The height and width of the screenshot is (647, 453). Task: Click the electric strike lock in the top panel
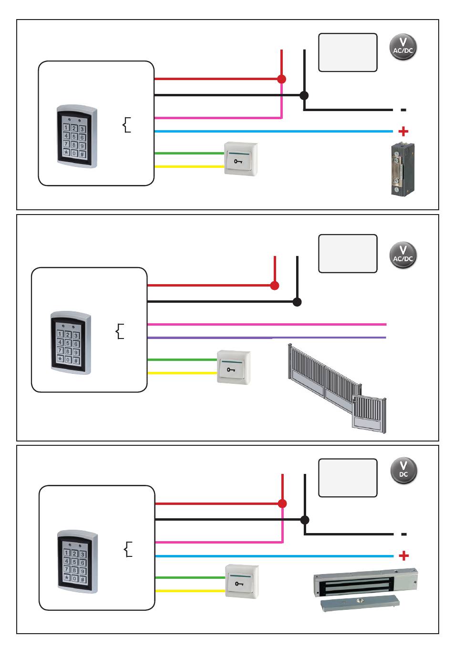pos(402,169)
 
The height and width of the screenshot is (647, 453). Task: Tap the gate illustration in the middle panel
pos(337,389)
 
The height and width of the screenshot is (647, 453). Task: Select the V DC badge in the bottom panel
pos(403,470)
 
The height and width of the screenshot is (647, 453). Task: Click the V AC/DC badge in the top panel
pos(403,47)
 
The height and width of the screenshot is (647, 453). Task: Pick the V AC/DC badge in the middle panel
pos(403,255)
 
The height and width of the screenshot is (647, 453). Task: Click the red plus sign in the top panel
pos(403,132)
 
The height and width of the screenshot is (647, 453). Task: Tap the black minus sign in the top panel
pos(403,110)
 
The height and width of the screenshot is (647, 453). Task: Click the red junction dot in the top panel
pos(281,79)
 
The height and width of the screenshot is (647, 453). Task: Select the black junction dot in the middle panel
pos(297,302)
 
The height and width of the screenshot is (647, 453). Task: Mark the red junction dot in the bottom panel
pos(282,504)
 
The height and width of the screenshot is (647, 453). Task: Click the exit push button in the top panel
pos(241,159)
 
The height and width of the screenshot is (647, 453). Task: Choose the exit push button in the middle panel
pos(234,367)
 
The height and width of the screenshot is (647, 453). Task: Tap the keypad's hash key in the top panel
pos(82,154)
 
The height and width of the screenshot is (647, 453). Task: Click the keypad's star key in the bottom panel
pos(67,578)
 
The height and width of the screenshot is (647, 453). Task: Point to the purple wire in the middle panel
pos(267,338)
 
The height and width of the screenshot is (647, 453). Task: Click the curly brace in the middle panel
pos(120,331)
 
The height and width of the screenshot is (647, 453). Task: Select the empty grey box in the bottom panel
pos(348,478)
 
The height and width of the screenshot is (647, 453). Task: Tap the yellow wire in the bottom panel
pos(190,591)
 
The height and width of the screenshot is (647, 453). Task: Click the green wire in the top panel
pos(189,154)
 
